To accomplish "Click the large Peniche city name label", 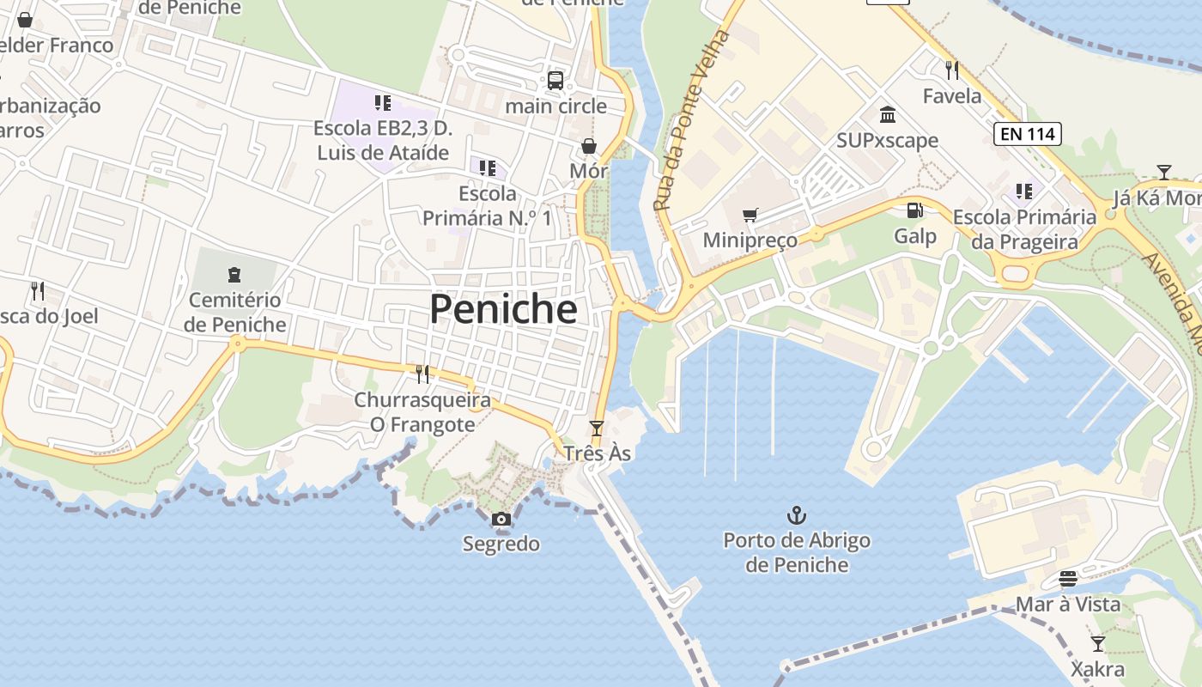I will tap(503, 309).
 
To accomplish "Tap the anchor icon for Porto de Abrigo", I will tap(797, 515).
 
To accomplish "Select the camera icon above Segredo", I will tap(501, 519).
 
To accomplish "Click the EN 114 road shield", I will tap(1028, 134).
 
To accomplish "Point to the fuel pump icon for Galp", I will tap(915, 210).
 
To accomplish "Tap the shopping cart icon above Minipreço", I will tap(750, 215).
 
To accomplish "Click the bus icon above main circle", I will tap(555, 81).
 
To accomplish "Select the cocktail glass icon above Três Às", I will tap(597, 428).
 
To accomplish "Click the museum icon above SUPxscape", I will tap(888, 114).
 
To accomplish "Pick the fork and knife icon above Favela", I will tap(951, 70).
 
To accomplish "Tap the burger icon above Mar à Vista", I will tap(1068, 579).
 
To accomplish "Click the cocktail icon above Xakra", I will tap(1097, 643).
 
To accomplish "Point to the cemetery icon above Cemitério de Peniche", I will tap(234, 275).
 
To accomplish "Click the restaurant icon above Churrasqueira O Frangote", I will tap(422, 374).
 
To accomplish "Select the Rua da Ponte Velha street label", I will tap(691, 121).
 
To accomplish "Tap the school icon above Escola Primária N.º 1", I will tap(488, 167).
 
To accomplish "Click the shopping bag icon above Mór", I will tap(589, 146).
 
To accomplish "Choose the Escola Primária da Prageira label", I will tap(1024, 229).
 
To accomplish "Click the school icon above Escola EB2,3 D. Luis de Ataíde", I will tap(383, 103).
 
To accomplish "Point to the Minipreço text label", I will tap(750, 240).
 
